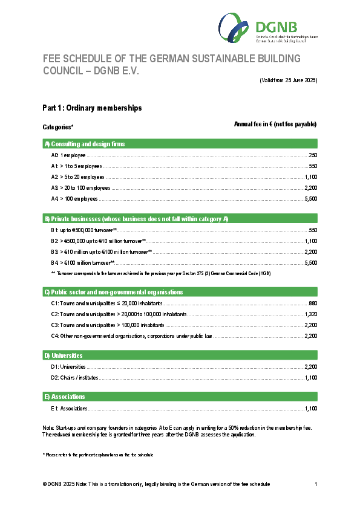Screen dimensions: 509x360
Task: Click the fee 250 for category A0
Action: (313, 155)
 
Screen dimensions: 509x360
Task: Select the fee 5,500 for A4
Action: (311, 199)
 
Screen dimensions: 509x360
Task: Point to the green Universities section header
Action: (63, 355)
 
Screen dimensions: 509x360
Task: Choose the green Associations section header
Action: (64, 397)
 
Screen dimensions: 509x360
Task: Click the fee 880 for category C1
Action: (313, 303)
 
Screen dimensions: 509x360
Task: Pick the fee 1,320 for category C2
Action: (311, 314)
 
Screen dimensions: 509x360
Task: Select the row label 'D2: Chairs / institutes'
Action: (74, 378)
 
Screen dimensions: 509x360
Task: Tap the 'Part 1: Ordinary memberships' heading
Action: (92, 108)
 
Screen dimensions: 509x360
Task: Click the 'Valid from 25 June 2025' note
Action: (289, 80)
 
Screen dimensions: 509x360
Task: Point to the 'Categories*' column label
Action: (58, 127)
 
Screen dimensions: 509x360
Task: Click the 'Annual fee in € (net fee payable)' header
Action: (275, 124)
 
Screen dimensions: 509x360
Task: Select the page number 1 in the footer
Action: (316, 484)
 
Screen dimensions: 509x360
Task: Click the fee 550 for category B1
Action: (313, 230)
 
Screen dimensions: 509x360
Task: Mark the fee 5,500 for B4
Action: (311, 263)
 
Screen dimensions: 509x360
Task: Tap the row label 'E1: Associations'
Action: (70, 409)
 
